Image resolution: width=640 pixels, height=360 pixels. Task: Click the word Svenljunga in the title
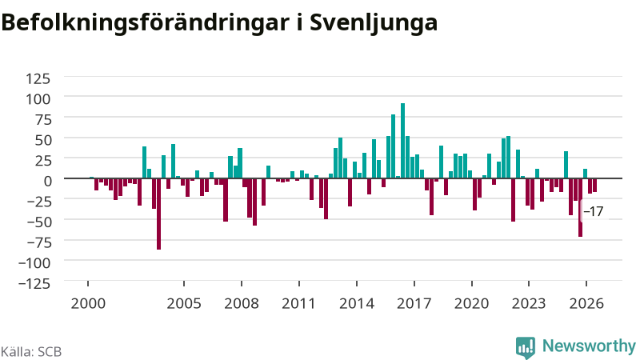[x=373, y=22]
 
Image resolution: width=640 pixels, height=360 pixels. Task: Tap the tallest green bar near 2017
[x=403, y=141]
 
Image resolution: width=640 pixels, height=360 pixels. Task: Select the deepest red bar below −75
[x=158, y=214]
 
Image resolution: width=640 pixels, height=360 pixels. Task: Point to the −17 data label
[x=593, y=211]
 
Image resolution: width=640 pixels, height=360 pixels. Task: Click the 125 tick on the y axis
[x=38, y=78]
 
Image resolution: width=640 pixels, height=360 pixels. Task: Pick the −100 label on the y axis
[x=34, y=262]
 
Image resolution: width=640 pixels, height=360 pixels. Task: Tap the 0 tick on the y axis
[x=48, y=181]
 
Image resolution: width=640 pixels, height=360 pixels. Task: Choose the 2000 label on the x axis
[x=88, y=304]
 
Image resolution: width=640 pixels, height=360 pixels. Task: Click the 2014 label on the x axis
[x=357, y=304]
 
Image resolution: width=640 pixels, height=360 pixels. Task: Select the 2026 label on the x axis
[x=586, y=304]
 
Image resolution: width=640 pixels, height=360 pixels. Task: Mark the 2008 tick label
[x=242, y=304]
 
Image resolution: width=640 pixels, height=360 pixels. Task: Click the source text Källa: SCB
[x=31, y=352]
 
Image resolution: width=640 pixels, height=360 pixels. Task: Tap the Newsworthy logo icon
[x=526, y=348]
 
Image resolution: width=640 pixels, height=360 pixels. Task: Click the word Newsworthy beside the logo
[x=589, y=346]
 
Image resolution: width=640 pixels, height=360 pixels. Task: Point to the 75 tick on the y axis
[x=42, y=119]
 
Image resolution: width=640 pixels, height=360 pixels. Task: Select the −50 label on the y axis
[x=38, y=222]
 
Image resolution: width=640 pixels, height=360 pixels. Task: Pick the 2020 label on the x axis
[x=471, y=304]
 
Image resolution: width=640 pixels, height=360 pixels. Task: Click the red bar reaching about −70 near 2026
[x=581, y=207]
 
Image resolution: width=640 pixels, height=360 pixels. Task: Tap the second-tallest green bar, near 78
[x=393, y=146]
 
